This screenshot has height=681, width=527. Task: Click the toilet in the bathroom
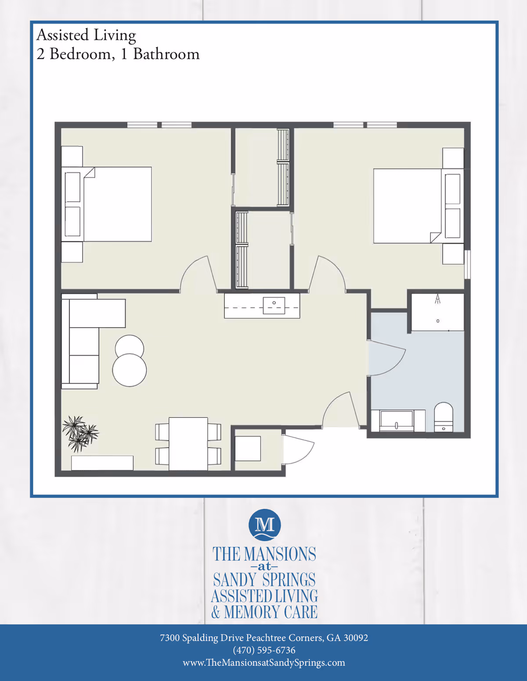click(443, 417)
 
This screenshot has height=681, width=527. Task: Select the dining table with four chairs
click(188, 443)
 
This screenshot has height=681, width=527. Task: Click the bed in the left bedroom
click(117, 204)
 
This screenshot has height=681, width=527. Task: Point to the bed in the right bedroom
click(408, 206)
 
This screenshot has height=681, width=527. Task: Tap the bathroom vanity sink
click(396, 421)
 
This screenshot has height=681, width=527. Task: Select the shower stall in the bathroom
click(437, 312)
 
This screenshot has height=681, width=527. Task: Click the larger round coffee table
click(129, 370)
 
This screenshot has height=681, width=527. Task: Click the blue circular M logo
click(264, 524)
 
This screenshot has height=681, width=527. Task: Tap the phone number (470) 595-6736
click(264, 650)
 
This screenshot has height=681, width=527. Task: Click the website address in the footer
click(264, 663)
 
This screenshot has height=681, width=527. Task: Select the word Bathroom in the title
click(166, 54)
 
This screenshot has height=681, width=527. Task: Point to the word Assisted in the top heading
click(62, 35)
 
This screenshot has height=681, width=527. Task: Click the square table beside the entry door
click(248, 449)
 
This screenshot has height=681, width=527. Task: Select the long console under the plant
click(102, 463)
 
